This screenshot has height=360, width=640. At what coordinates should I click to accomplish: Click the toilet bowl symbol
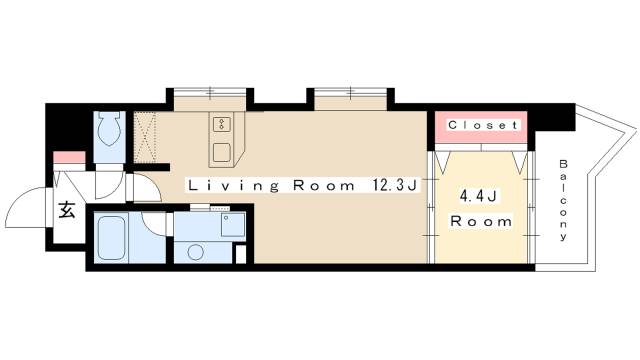click(x=109, y=129)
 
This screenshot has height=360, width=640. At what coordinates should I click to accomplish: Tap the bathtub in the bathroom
click(x=111, y=238)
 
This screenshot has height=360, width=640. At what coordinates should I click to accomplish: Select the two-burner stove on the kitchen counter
click(x=221, y=124)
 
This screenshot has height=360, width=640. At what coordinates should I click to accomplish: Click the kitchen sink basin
click(x=222, y=152)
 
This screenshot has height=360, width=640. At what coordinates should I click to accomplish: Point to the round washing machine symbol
click(x=196, y=252)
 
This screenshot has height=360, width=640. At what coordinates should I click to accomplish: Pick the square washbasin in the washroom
click(x=233, y=225)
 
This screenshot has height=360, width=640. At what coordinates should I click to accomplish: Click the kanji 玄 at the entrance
click(x=67, y=210)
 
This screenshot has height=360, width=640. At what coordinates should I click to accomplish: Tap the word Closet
click(x=483, y=125)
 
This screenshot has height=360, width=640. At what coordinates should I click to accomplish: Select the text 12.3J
click(x=394, y=186)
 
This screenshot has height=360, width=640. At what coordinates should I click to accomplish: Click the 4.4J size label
click(x=478, y=197)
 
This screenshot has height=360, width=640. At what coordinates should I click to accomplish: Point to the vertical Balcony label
click(x=563, y=200)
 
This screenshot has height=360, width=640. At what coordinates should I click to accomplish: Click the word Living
click(x=234, y=186)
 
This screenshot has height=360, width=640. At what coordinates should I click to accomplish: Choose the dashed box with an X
click(x=145, y=137)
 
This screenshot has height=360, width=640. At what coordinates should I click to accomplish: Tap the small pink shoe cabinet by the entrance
click(x=69, y=157)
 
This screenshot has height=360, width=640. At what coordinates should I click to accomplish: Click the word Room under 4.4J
click(x=481, y=222)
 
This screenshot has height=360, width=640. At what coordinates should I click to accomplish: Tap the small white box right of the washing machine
click(x=241, y=254)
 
